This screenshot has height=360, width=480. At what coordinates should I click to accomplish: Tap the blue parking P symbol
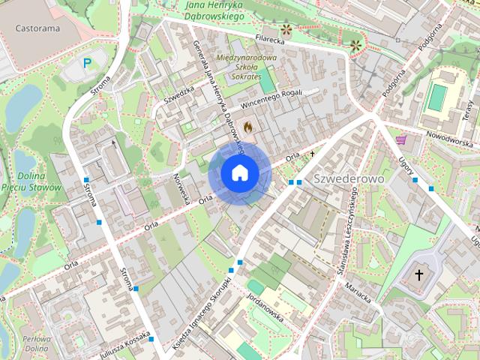pyautogui.click(x=88, y=64)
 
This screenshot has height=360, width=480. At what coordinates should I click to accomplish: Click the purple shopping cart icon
pyautogui.click(x=401, y=139)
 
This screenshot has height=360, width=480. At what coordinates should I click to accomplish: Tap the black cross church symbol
pyautogui.click(x=419, y=275)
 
